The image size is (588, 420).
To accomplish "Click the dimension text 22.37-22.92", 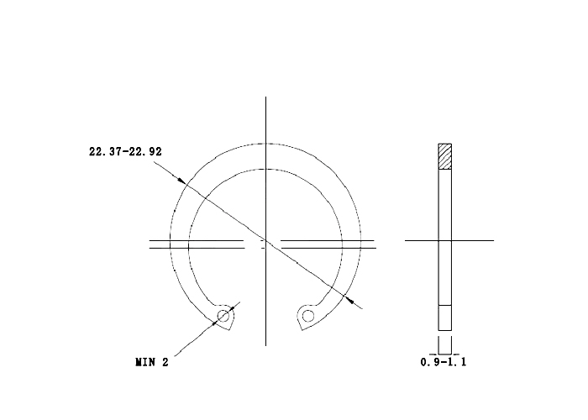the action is coord(125,151).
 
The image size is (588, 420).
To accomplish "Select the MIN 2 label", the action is coord(152,362).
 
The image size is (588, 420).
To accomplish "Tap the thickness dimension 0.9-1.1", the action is coord(444,362).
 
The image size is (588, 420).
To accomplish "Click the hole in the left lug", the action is coord(223,316).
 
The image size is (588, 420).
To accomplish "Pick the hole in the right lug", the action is coord(308,316).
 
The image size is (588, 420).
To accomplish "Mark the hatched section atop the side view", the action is coord(444,156).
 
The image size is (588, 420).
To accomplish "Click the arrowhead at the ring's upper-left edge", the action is coord(181,181).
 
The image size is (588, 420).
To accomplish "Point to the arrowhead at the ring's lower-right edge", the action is coord(349,299).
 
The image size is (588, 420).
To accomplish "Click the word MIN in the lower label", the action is coord(144,362).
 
